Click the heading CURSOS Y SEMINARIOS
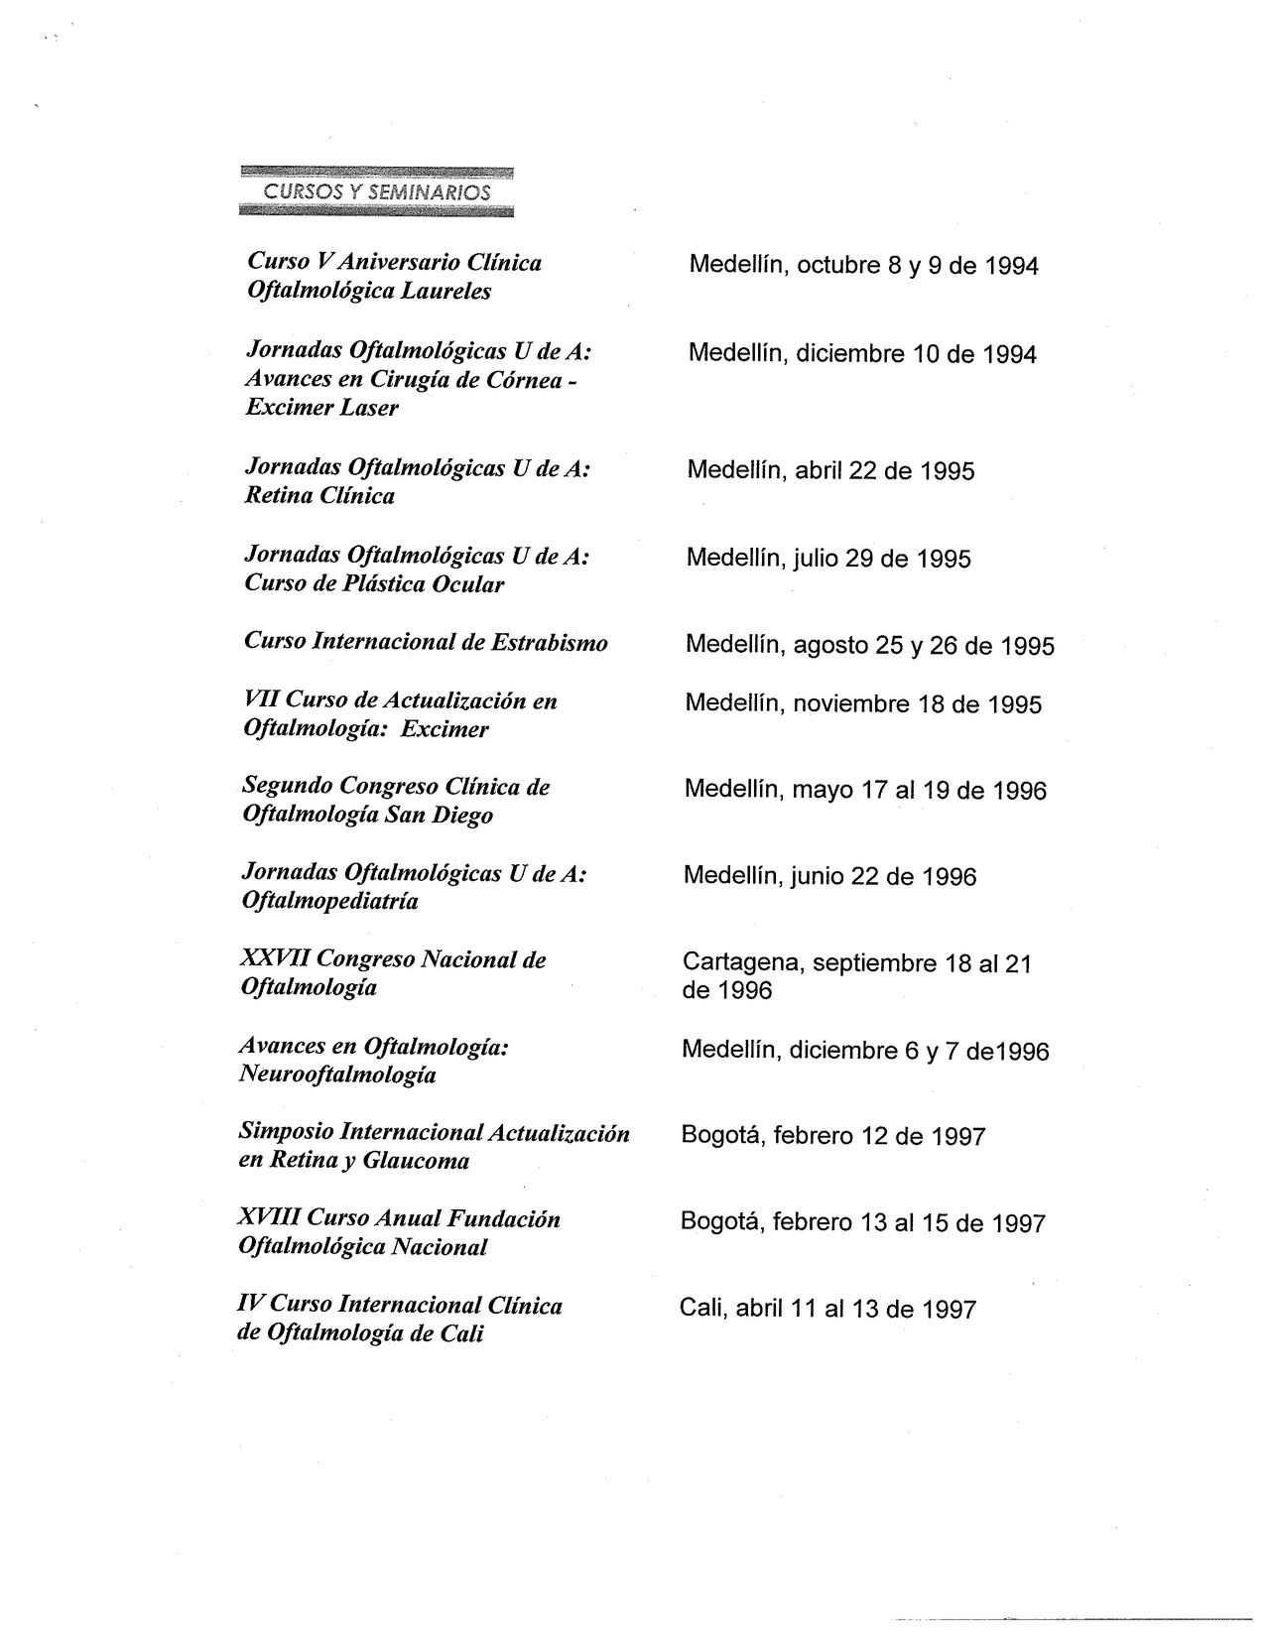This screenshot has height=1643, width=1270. [377, 191]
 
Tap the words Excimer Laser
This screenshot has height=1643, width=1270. [321, 408]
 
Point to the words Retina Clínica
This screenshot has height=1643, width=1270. [319, 496]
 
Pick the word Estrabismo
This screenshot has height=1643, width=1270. [550, 642]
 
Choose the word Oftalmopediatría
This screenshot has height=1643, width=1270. [330, 902]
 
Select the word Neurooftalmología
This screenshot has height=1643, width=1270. [337, 1074]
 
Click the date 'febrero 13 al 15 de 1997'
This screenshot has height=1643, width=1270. [907, 1222]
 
